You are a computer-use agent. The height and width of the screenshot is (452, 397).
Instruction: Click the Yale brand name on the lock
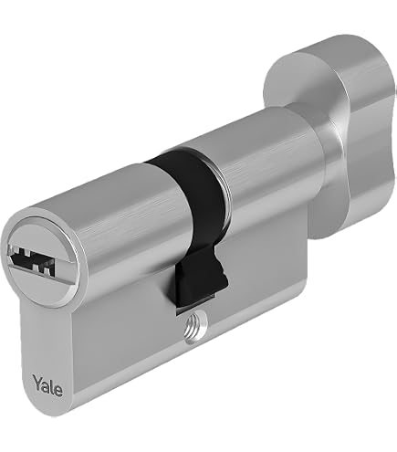coord(47,385)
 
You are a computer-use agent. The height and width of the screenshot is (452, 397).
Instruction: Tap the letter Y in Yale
coord(37,382)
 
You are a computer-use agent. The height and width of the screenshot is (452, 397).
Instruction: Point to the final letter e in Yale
coord(58,391)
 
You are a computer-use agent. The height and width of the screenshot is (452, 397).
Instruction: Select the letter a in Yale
coord(47,386)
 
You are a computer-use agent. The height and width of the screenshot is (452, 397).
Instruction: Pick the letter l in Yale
coord(52,385)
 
